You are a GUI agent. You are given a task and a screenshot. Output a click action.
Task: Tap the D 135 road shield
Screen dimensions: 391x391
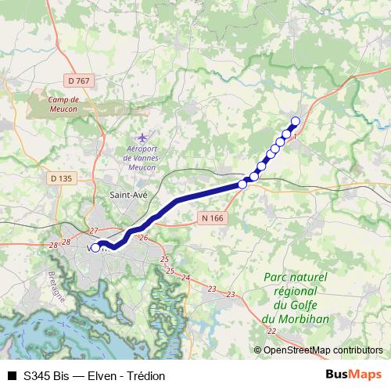[x=60, y=178]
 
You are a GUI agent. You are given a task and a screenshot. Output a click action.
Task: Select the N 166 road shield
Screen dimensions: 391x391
[x=211, y=218]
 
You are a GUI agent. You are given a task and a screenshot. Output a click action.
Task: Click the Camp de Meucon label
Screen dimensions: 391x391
[x=64, y=105]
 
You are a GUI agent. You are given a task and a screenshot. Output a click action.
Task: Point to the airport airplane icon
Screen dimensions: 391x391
[x=141, y=138]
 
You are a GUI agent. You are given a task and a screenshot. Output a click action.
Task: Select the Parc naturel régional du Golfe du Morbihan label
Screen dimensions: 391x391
[x=296, y=298]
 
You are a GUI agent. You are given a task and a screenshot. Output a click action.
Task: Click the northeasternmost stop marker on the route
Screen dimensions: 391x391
[x=296, y=120]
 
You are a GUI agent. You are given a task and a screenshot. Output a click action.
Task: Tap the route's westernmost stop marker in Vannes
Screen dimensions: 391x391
[x=95, y=248]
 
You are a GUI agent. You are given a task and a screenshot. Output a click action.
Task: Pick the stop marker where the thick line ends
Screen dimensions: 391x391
[x=242, y=185]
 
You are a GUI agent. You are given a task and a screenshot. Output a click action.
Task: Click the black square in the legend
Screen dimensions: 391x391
[x=12, y=376]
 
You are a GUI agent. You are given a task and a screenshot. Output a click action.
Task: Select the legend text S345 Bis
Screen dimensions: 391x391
[x=45, y=376]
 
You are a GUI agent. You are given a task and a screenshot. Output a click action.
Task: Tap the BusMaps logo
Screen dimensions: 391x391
[x=353, y=375]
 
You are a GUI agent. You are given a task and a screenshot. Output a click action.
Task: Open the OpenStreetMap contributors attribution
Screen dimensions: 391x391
[x=323, y=350]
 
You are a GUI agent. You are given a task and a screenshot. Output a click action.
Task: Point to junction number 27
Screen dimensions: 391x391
[x=94, y=231]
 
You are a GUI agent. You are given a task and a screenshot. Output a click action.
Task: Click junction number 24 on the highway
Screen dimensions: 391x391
[x=185, y=278]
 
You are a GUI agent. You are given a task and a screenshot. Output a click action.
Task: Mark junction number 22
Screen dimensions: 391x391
[x=271, y=332]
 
